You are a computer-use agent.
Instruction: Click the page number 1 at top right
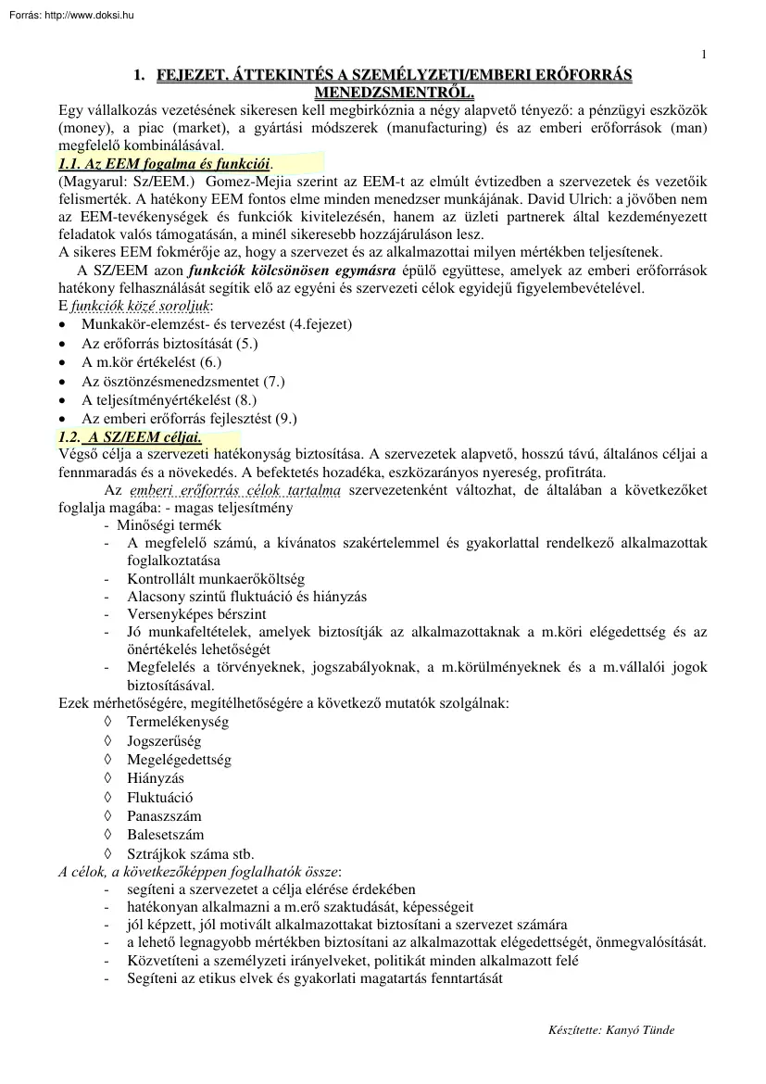tap(704, 54)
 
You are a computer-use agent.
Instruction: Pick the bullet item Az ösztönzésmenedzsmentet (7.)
tap(182, 381)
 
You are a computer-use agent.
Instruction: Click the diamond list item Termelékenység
tap(178, 722)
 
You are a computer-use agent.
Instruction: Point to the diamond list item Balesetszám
tap(165, 835)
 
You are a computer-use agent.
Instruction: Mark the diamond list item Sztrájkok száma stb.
tap(190, 853)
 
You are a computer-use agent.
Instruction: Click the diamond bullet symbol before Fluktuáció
tap(108, 797)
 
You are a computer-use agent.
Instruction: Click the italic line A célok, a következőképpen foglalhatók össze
tap(199, 871)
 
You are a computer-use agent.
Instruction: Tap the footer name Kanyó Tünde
tap(647, 1030)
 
